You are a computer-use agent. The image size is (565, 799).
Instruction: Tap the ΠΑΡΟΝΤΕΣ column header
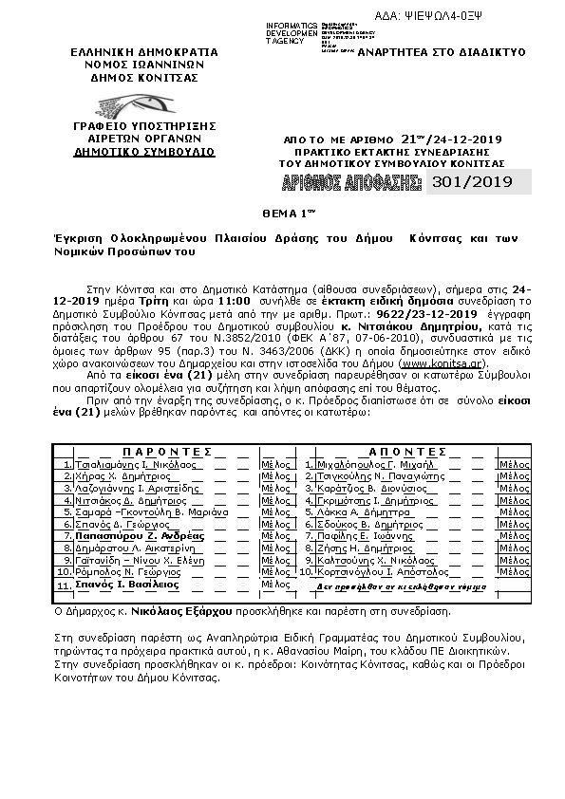166,452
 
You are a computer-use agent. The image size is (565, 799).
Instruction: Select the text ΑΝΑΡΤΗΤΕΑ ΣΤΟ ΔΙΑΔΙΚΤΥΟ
454,53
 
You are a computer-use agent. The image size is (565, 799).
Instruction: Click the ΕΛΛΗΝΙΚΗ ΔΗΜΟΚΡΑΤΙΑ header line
143,52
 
